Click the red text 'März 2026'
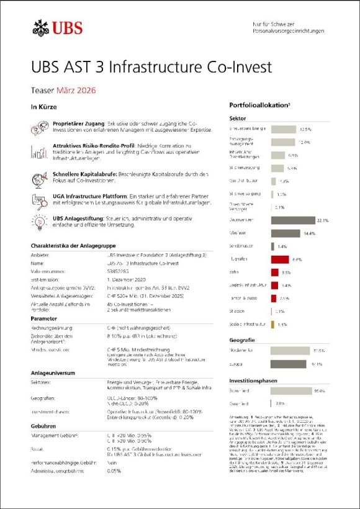76,91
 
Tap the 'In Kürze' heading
43,106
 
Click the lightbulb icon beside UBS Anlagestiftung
38,221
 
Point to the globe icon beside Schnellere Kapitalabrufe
38,178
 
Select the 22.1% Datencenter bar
294,220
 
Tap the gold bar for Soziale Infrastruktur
273,324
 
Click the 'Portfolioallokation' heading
254,106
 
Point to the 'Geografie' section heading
241,340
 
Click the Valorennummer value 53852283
122,271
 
